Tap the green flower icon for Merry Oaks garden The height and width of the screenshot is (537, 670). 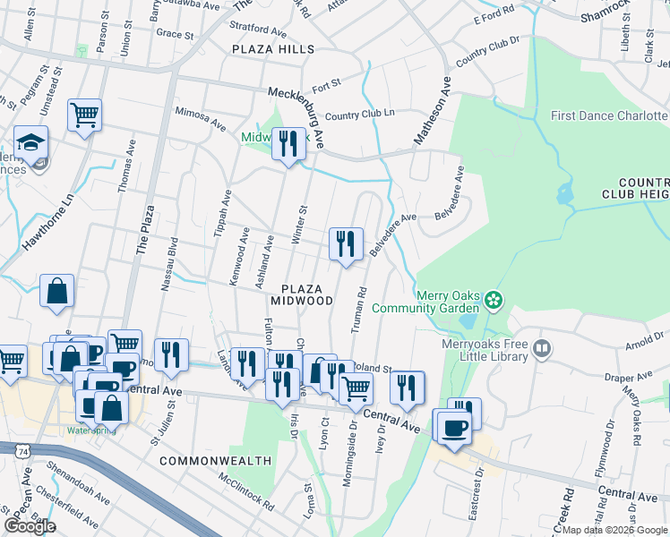(494, 302)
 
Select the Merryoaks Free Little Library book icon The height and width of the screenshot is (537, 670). (540, 346)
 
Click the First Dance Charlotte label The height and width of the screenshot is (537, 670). (609, 116)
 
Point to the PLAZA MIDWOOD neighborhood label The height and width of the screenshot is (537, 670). (308, 294)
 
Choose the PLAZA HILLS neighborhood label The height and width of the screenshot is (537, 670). (273, 49)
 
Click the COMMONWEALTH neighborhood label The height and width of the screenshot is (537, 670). (215, 461)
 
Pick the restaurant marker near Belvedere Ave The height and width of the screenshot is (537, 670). (344, 243)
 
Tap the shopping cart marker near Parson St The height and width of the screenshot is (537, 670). (84, 115)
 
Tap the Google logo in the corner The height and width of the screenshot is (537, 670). (30, 526)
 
